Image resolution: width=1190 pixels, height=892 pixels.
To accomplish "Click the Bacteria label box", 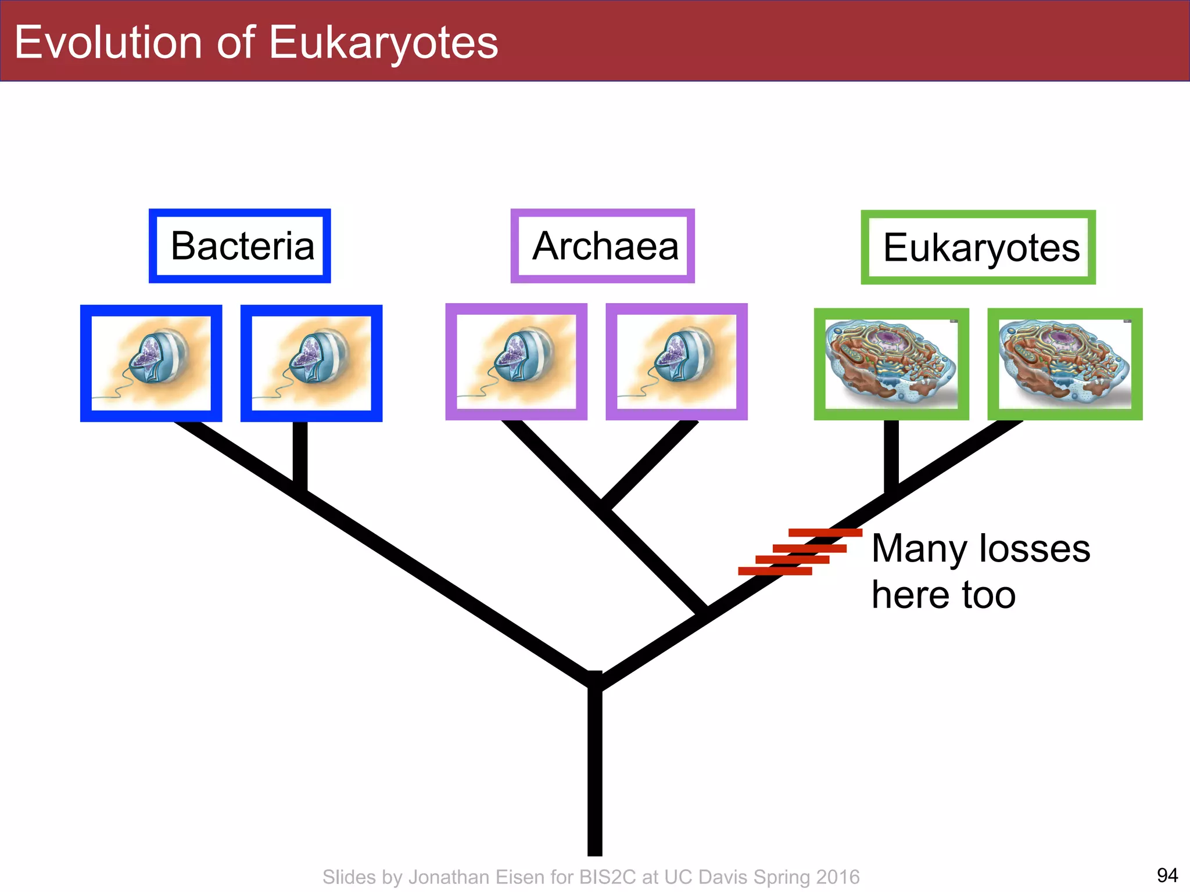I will [x=240, y=246].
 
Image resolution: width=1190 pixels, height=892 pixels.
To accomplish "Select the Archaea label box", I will [x=603, y=246].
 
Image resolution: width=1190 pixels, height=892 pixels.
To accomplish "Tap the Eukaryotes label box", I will [x=978, y=247].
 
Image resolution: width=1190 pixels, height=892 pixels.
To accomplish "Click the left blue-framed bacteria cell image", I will [x=151, y=363].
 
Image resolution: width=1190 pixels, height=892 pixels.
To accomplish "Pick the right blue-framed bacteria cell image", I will [x=311, y=363].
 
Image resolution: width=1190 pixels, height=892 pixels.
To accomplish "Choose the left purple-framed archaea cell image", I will [x=516, y=362].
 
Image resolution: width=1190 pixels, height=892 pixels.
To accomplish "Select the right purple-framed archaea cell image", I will [x=676, y=362].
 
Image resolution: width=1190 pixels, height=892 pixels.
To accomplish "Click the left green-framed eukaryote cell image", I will [x=891, y=364].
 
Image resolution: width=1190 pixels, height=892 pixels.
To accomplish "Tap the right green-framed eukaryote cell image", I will [x=1065, y=364].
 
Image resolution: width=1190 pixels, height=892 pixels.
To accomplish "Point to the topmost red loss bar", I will [x=825, y=533].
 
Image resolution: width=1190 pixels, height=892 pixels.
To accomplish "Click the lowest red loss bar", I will [x=775, y=571].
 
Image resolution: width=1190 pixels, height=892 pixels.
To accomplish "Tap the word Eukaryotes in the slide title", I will [x=383, y=43].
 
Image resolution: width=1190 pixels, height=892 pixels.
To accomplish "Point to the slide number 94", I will [x=1167, y=875].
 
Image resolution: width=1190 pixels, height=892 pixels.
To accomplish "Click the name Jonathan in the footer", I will [x=460, y=877].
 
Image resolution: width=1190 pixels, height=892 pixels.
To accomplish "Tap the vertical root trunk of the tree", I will [x=594, y=772].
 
